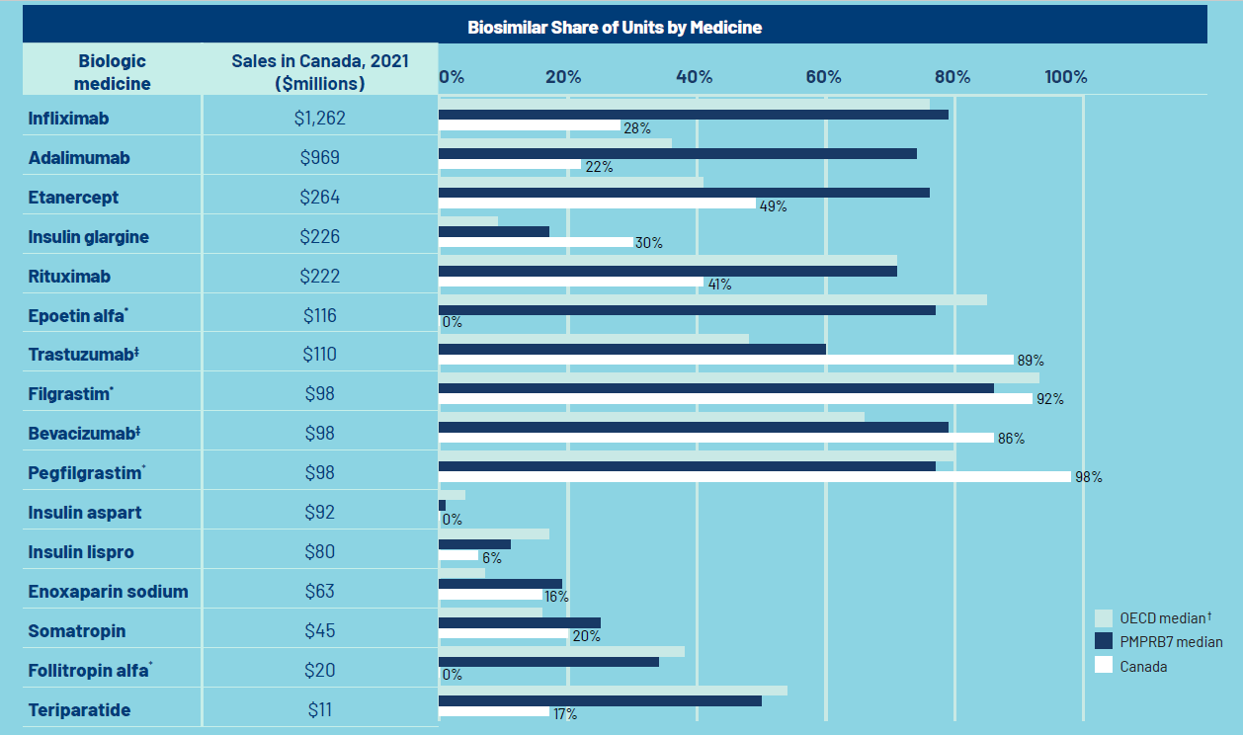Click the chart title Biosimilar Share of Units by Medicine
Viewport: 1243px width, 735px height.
point(615,27)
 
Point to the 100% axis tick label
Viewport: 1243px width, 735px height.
point(1066,77)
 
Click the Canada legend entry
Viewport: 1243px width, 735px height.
point(1143,667)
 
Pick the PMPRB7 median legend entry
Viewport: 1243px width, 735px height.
point(1171,642)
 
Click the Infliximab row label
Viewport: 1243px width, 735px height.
point(68,119)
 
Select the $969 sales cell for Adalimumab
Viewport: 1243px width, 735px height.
point(319,158)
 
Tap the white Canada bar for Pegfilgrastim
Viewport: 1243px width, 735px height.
point(754,476)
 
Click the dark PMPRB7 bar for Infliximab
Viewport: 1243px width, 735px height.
point(693,114)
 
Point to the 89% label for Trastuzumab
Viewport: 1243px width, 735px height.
point(1032,361)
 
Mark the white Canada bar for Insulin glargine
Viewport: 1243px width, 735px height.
point(536,242)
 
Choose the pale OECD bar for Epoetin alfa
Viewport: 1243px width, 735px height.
point(711,299)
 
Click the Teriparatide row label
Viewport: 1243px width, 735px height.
point(79,710)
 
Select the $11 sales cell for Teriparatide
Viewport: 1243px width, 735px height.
point(319,710)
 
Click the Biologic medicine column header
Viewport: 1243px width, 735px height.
point(112,72)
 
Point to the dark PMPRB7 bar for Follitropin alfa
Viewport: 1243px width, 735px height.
point(548,661)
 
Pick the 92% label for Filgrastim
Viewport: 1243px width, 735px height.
point(1050,400)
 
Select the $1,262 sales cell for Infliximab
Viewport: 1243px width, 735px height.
point(319,119)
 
